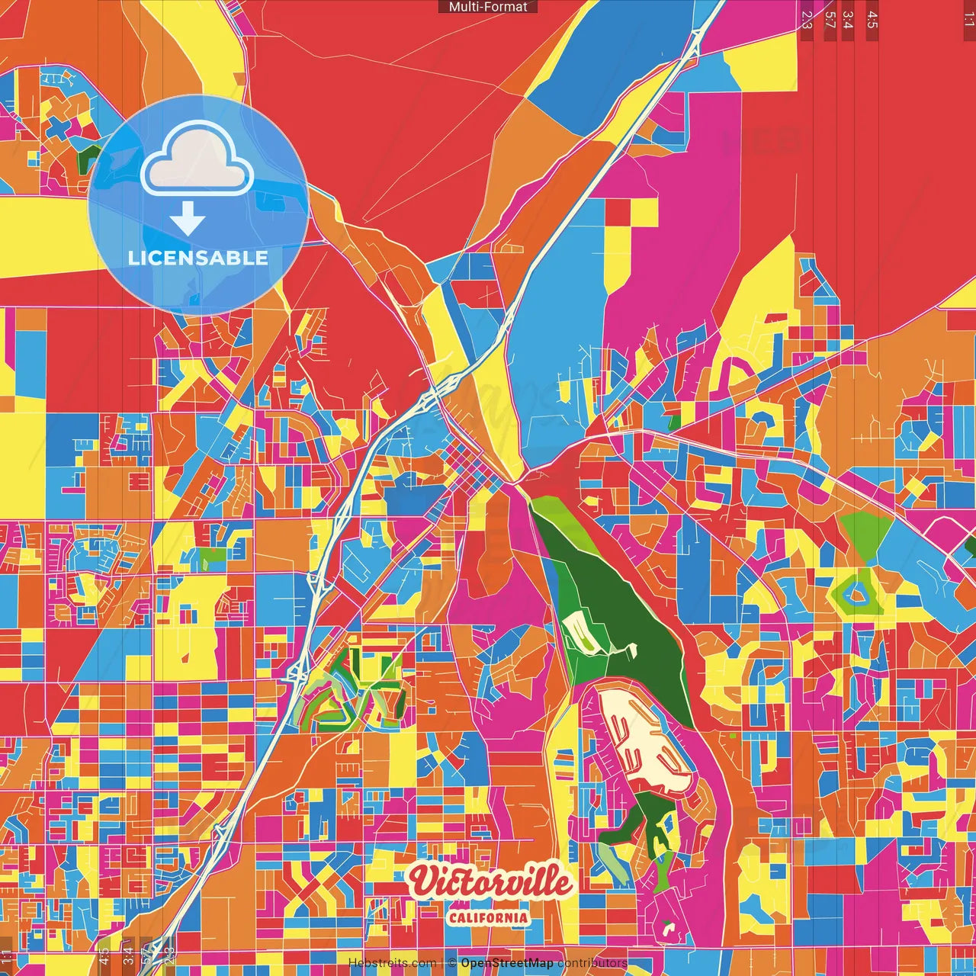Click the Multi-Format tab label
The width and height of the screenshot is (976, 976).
488,7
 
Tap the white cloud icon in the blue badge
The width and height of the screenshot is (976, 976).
197,159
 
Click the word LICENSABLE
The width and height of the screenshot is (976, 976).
198,258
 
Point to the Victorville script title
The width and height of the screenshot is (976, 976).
490,882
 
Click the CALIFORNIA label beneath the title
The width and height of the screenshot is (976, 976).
489,917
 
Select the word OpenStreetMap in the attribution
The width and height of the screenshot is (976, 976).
507,963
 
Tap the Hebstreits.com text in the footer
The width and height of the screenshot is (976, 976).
392,963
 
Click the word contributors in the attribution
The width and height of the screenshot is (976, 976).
592,963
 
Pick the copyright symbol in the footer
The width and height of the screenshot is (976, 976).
452,963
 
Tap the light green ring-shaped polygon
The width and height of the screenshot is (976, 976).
858,592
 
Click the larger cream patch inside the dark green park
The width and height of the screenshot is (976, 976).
583,634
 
